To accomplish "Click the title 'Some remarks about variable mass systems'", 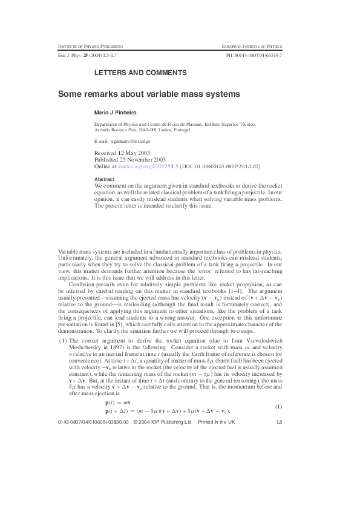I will [148, 94].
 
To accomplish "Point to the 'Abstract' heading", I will [105, 179].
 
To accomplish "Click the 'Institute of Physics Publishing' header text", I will [91, 47].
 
